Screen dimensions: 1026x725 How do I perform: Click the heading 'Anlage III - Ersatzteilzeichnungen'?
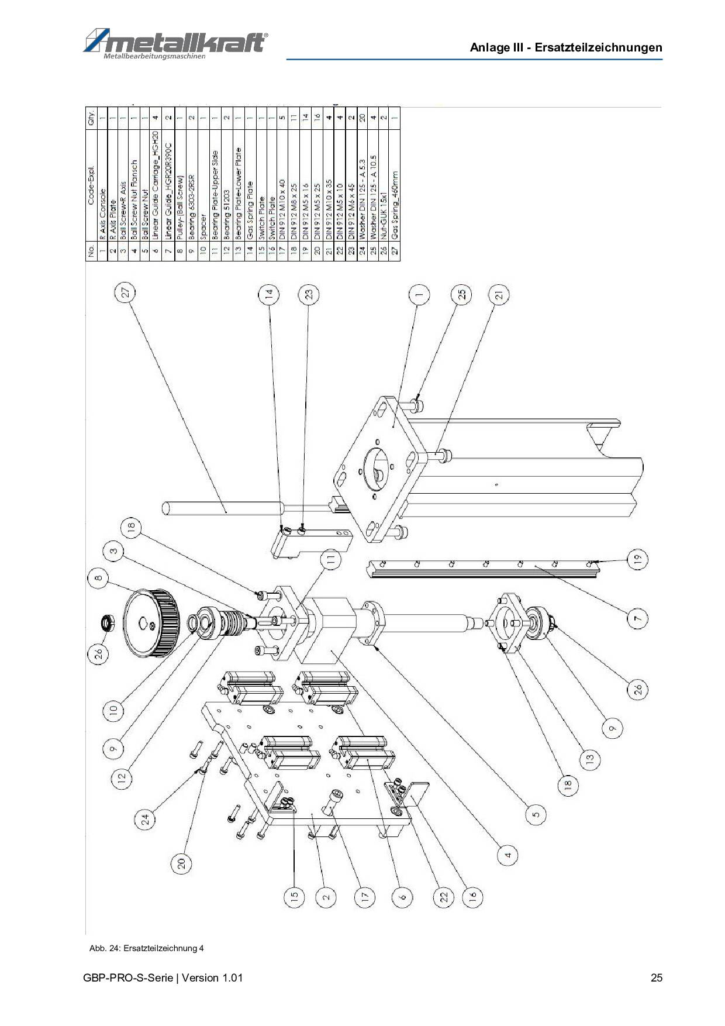(565, 48)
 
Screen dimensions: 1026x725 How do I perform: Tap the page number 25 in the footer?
(657, 977)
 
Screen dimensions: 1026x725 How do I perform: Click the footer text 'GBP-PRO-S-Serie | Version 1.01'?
(163, 977)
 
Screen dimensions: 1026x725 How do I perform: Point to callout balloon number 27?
(125, 293)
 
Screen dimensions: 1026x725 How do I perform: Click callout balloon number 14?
(268, 294)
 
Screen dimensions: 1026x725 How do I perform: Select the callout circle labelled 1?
(418, 296)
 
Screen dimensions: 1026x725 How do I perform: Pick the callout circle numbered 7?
(638, 618)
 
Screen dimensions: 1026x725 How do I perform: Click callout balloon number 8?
(98, 579)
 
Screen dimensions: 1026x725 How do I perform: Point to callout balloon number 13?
(589, 759)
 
